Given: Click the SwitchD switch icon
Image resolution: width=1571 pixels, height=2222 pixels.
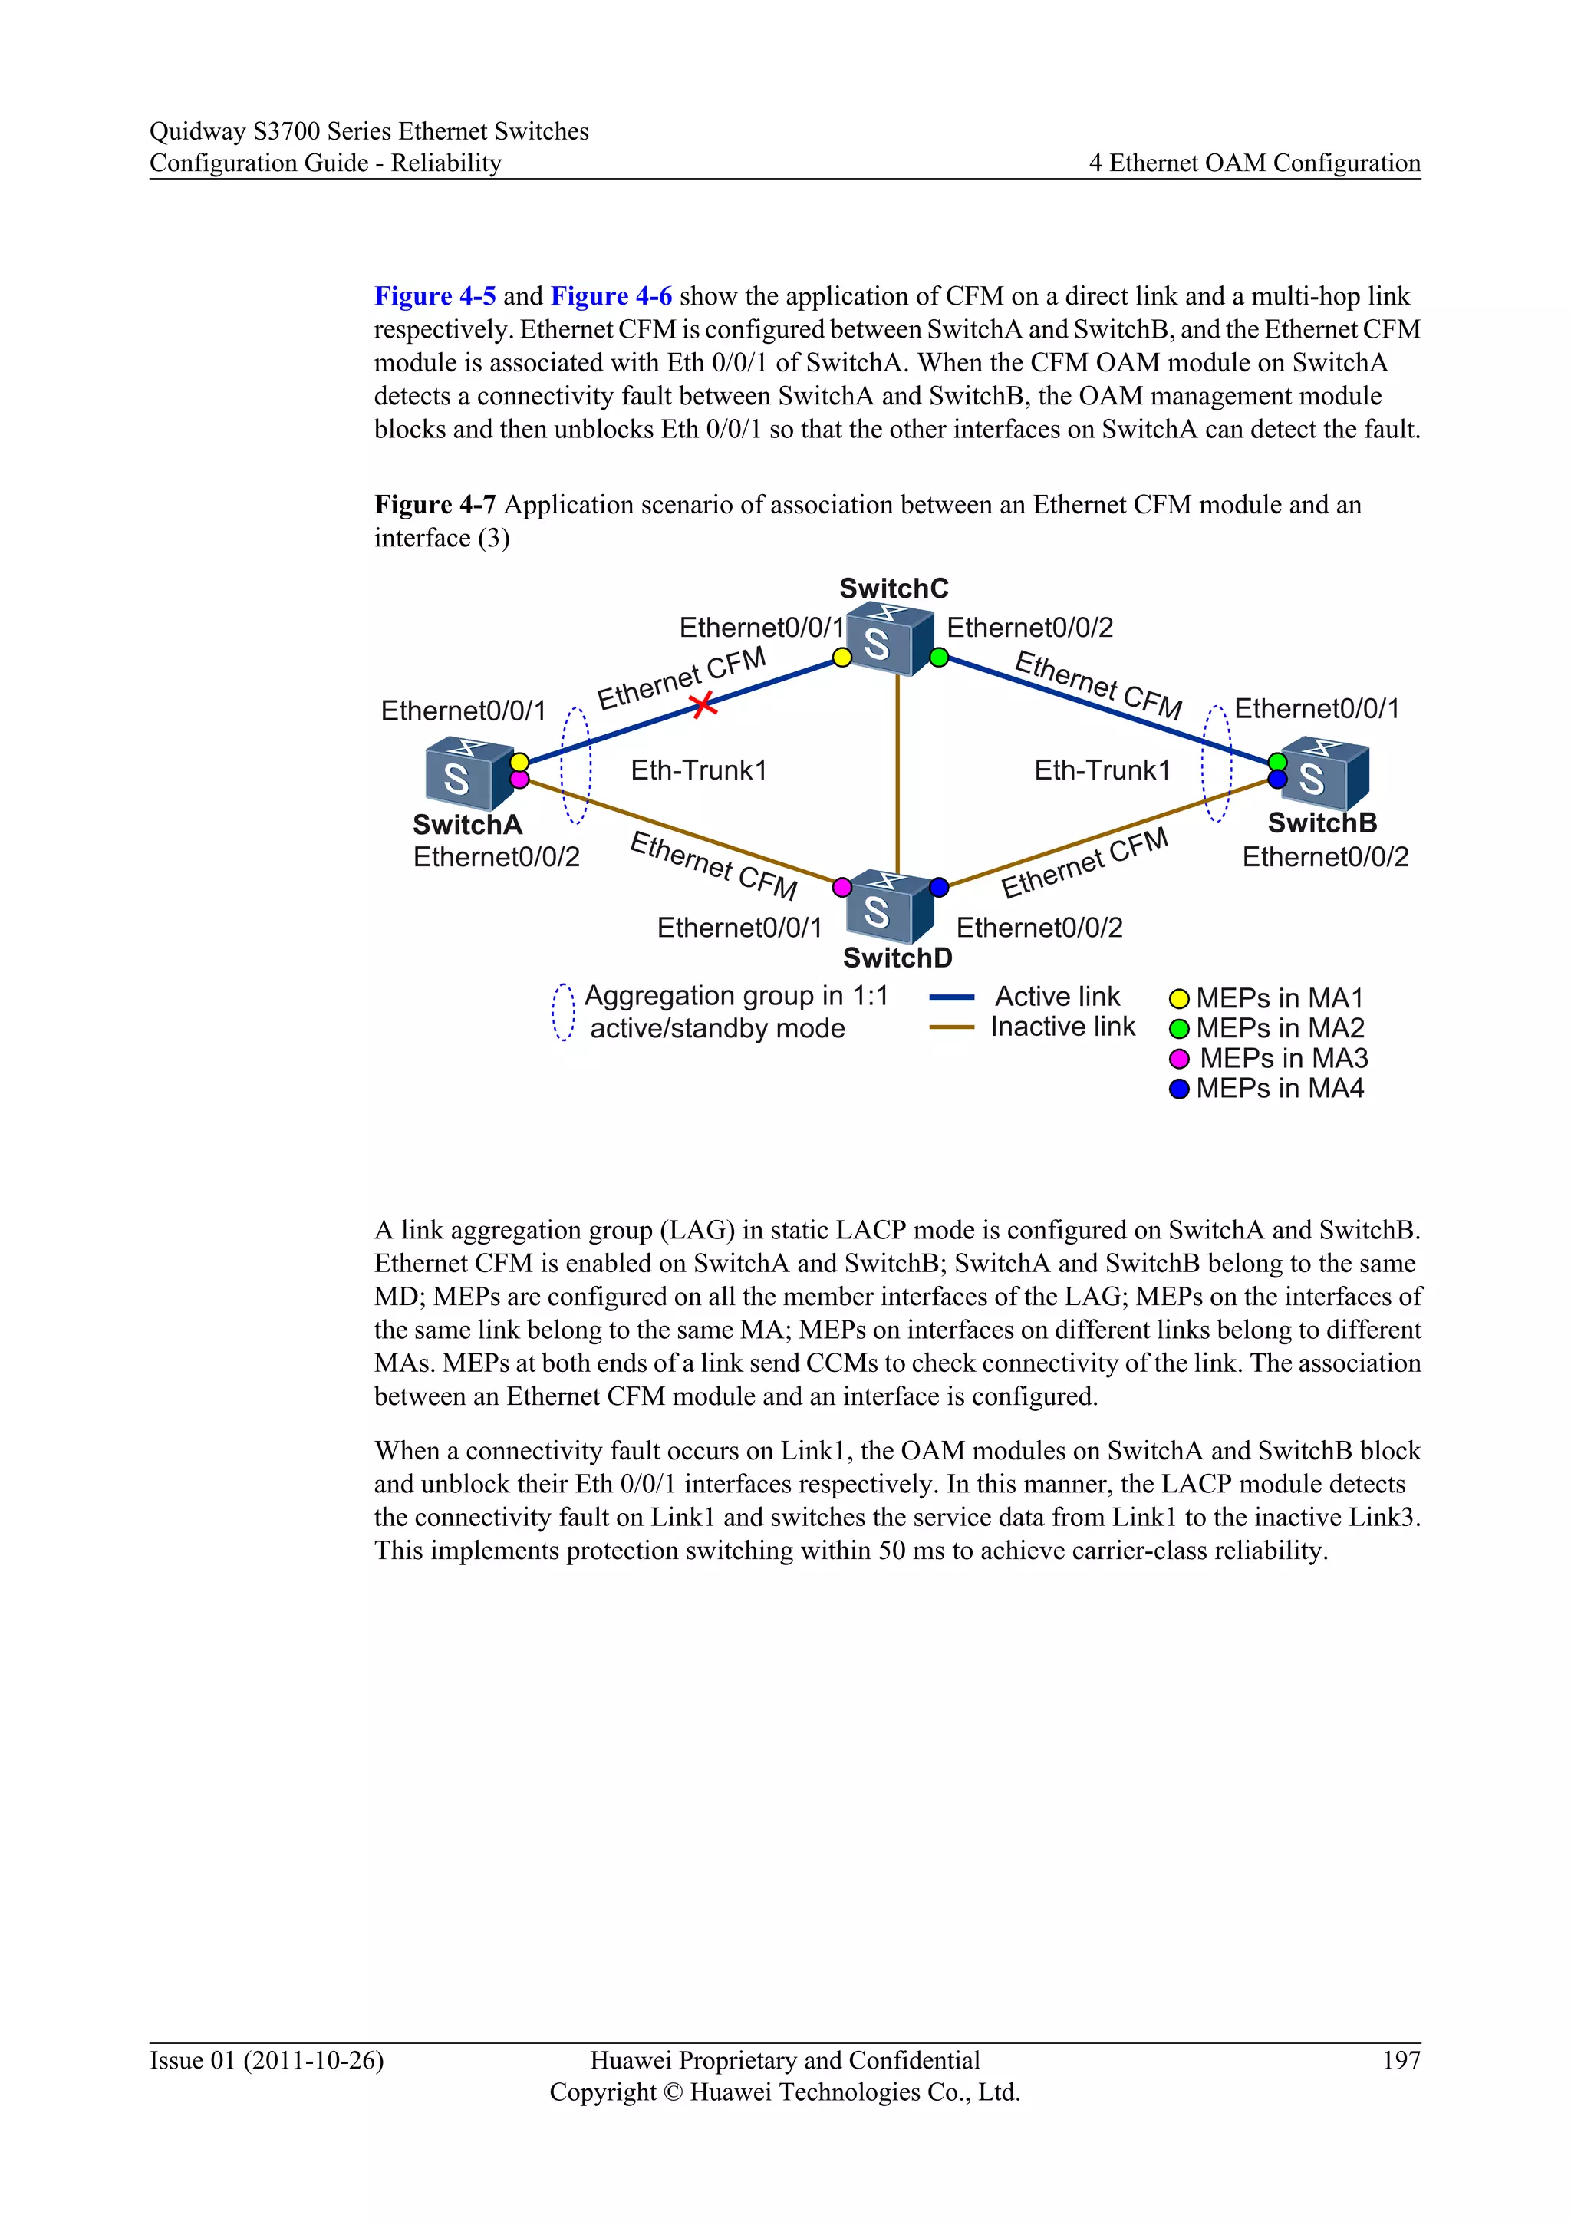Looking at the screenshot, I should [888, 907].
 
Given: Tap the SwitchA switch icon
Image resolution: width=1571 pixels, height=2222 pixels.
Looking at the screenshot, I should [468, 773].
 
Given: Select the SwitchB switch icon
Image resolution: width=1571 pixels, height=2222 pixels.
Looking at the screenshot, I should [1323, 773].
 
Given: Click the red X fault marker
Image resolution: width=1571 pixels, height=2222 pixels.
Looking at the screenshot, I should [704, 704].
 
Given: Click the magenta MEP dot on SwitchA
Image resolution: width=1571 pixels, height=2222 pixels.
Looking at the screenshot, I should [519, 779].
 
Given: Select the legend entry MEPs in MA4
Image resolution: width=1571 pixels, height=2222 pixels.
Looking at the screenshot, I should [1267, 1089].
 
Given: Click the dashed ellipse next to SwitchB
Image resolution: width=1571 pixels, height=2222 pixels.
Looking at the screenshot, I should [1216, 764].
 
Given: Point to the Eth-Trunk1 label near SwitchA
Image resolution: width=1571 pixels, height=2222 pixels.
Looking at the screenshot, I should [699, 770].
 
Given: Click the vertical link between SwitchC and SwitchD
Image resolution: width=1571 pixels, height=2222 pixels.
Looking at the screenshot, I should [897, 774].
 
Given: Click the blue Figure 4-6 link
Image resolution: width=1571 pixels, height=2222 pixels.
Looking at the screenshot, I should [611, 296].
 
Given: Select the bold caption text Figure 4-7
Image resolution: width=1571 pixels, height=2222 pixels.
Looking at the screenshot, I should [435, 505].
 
